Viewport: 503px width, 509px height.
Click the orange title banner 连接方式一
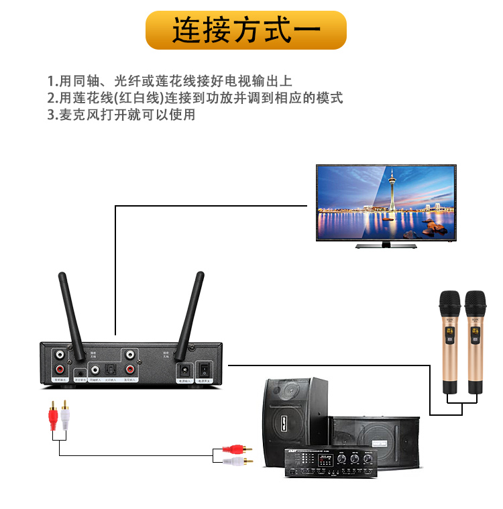point(246,30)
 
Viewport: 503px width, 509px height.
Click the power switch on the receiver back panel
point(205,369)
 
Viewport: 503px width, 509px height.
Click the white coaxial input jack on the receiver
point(95,370)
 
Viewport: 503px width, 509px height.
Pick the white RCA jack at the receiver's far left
point(60,354)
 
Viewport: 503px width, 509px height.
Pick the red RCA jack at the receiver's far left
point(60,369)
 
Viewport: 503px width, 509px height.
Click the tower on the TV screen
point(391,191)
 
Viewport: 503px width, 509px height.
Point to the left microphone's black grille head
point(449,303)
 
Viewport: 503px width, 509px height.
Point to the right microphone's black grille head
point(475,303)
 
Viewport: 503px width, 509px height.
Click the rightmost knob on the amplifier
point(368,461)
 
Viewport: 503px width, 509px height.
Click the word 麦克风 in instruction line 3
point(76,115)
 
